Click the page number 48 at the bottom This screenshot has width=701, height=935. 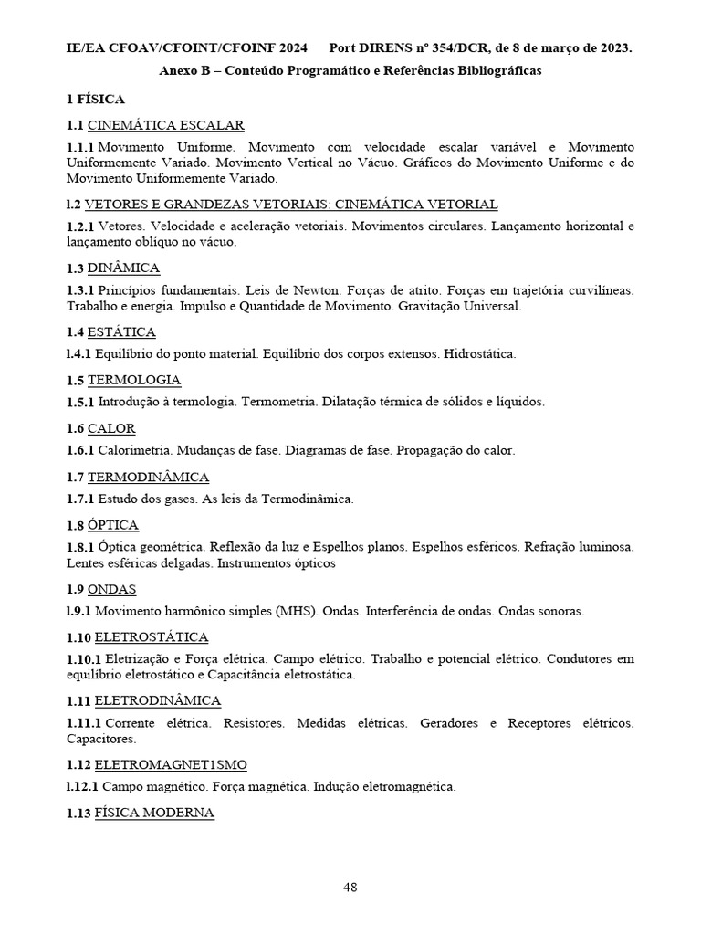(x=350, y=887)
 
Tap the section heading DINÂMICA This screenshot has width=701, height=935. (x=123, y=268)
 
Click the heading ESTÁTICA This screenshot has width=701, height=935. (x=121, y=331)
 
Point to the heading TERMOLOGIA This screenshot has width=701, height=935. (x=134, y=380)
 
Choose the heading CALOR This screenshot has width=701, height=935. (x=111, y=428)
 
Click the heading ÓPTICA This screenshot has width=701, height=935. (x=113, y=525)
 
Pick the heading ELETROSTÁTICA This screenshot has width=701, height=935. (x=152, y=636)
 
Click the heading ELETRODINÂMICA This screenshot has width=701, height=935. (x=158, y=700)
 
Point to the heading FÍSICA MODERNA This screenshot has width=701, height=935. (x=154, y=813)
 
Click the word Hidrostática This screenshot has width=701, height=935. (x=480, y=353)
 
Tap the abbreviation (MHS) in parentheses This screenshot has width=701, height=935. (x=296, y=611)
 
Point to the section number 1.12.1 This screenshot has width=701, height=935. (x=82, y=786)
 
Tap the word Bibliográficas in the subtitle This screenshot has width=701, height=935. (x=496, y=71)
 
